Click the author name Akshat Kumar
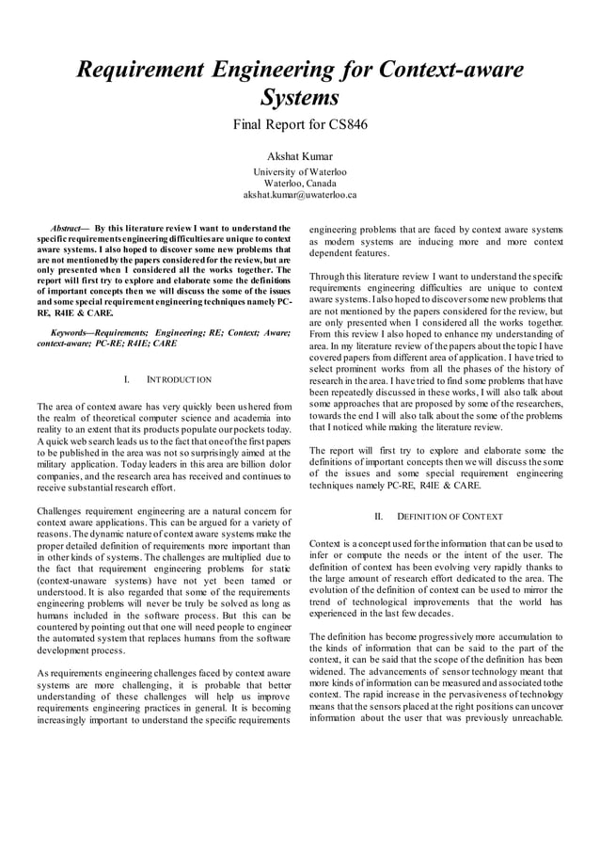(300, 155)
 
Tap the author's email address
(300, 195)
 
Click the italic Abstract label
(66, 229)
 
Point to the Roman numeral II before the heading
(379, 517)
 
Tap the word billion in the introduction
(242, 455)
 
